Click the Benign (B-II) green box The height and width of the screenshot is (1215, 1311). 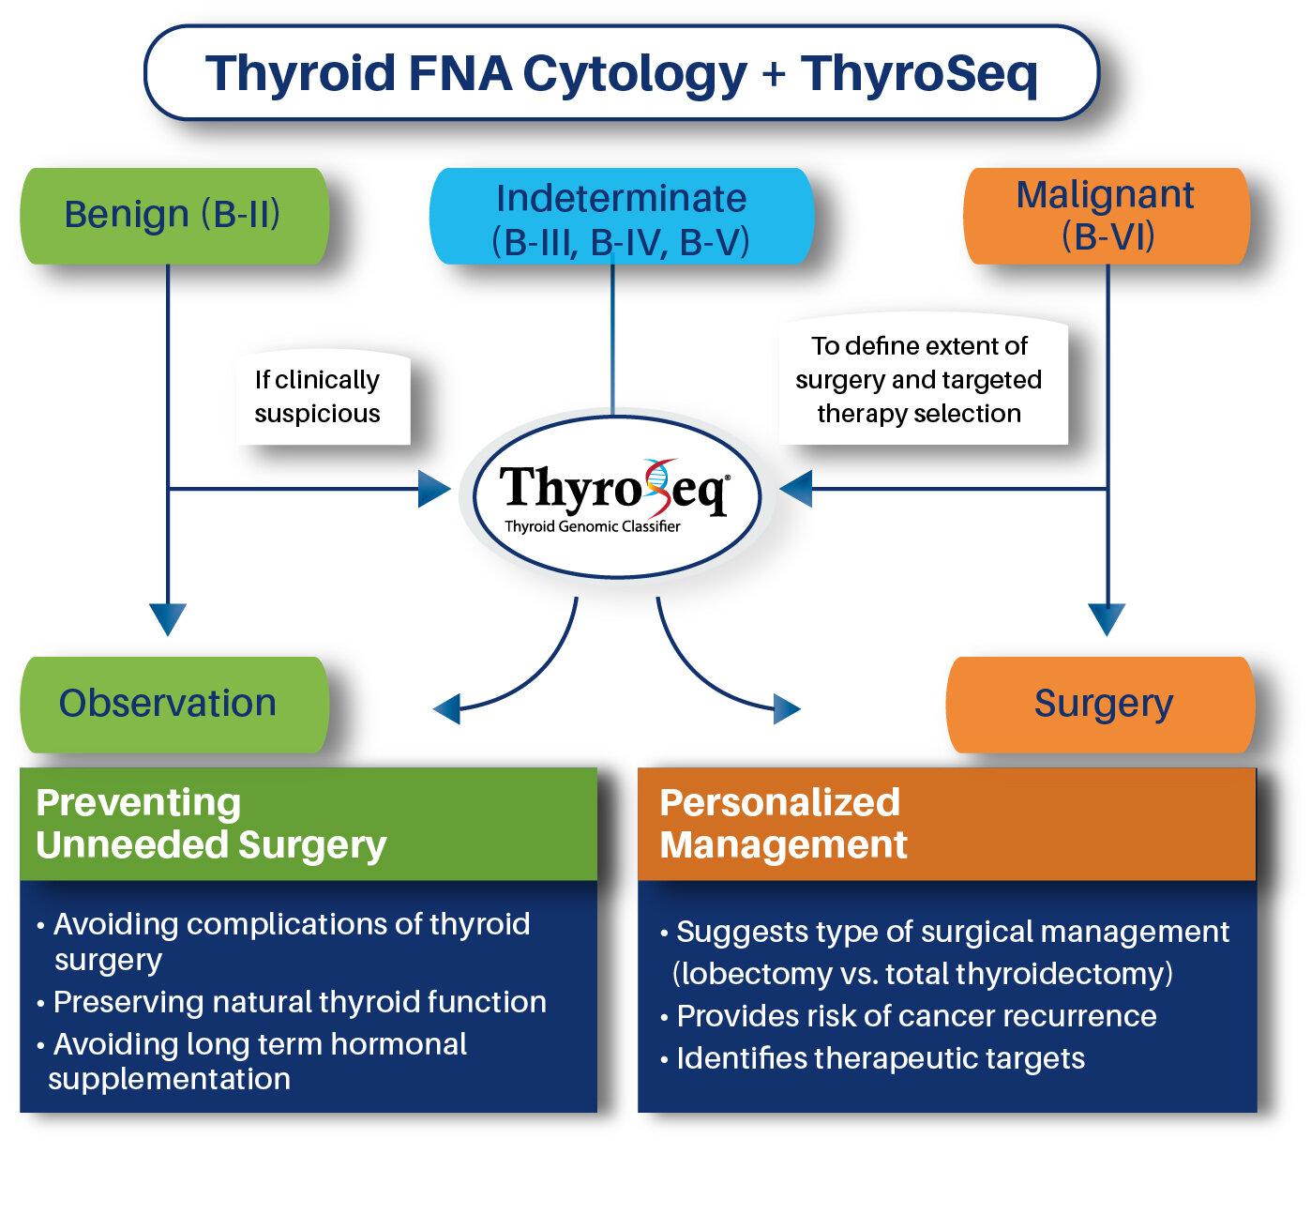pos(174,216)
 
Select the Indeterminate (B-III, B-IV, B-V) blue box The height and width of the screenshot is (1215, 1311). pos(621,218)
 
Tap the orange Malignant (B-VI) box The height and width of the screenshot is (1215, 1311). pos(1107,216)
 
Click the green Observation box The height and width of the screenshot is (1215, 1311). pos(174,704)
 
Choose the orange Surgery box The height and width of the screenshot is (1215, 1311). pos(1101,704)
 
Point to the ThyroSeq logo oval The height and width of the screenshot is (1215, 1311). pos(615,495)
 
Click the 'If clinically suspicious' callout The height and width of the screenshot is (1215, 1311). pos(319,397)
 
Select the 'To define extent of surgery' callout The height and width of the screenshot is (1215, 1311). pos(921,380)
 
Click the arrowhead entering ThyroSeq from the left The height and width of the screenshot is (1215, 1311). pos(433,489)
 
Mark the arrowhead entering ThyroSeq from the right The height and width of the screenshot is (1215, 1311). pos(797,489)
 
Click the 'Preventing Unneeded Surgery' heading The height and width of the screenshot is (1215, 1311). pos(212,824)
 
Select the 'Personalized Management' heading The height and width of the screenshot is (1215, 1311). pos(783,824)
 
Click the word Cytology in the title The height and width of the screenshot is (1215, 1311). pos(635,73)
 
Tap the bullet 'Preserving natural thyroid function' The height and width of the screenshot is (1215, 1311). pos(299,1002)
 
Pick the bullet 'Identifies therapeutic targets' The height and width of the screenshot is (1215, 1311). pos(880,1058)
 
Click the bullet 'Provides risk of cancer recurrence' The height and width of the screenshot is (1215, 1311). pos(915,1016)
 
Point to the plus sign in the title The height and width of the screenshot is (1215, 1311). pos(774,74)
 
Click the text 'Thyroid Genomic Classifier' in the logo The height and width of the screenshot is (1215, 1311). pos(593,526)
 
